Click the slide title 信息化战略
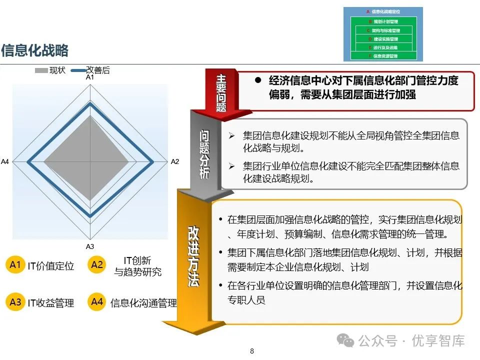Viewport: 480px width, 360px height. pos(34,50)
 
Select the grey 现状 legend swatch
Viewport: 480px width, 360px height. pos(41,70)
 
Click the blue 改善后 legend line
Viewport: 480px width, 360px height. pos(78,70)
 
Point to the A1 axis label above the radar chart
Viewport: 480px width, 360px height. pos(89,77)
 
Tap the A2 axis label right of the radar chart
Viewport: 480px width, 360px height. pos(174,161)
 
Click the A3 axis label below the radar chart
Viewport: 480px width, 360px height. pos(89,246)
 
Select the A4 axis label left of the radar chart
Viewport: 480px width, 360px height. pos(5,161)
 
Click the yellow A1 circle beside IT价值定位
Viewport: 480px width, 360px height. pos(15,264)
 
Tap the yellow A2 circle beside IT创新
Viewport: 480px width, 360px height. pos(97,264)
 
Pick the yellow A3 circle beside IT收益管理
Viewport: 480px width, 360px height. pos(15,302)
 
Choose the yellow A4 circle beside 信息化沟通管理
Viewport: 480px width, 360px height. pos(97,302)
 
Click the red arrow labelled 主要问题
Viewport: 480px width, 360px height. pos(221,92)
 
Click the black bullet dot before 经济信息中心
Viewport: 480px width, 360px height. pos(258,80)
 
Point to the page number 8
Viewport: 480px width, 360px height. pos(252,351)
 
